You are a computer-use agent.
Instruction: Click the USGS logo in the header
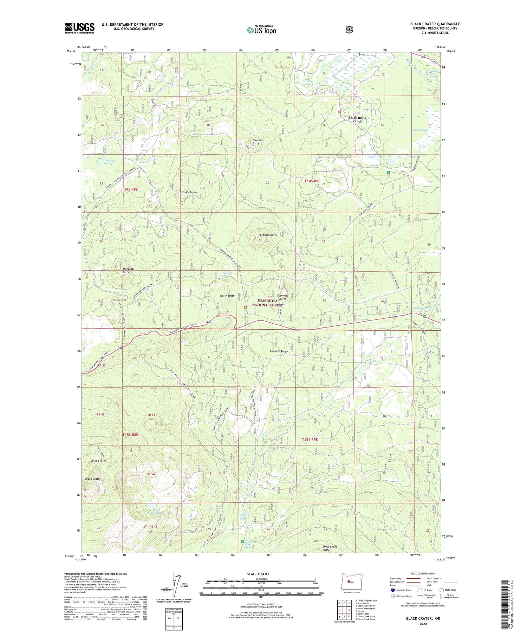point(79,28)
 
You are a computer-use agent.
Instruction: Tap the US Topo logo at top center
point(261,30)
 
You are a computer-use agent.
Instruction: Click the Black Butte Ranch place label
point(357,119)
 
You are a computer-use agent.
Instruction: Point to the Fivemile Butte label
point(258,142)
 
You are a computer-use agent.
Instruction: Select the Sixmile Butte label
point(188,193)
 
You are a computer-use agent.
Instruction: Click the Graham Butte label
point(268,235)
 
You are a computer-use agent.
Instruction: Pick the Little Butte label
point(227,295)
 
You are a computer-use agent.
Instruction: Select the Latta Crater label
point(98,461)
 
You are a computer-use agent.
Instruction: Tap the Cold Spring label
point(419,308)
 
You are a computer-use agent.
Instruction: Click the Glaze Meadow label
point(420,130)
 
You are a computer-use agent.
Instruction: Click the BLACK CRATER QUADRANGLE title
point(435,24)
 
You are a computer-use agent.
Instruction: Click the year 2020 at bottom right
point(423,624)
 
